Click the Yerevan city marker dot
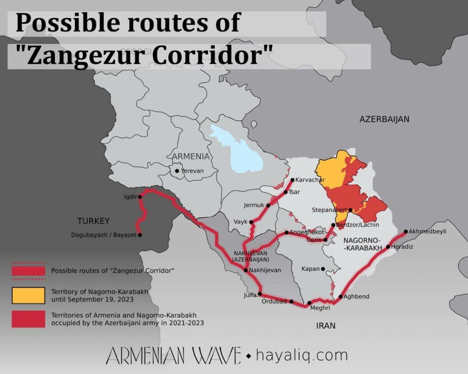click(x=177, y=171)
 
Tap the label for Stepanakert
click(x=329, y=210)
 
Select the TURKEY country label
click(x=93, y=221)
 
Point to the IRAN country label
click(x=325, y=326)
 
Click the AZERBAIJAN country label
click(x=384, y=119)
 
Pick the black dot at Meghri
click(x=309, y=303)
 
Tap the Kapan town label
click(x=310, y=269)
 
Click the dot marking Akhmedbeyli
click(x=405, y=232)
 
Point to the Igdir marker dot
click(x=140, y=196)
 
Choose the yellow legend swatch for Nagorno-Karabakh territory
click(x=28, y=295)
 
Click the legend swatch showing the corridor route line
click(x=28, y=271)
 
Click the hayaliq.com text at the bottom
click(x=302, y=355)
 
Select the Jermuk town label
click(x=254, y=205)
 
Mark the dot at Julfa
click(x=260, y=294)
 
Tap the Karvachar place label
click(x=310, y=179)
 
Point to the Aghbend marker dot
click(x=340, y=297)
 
